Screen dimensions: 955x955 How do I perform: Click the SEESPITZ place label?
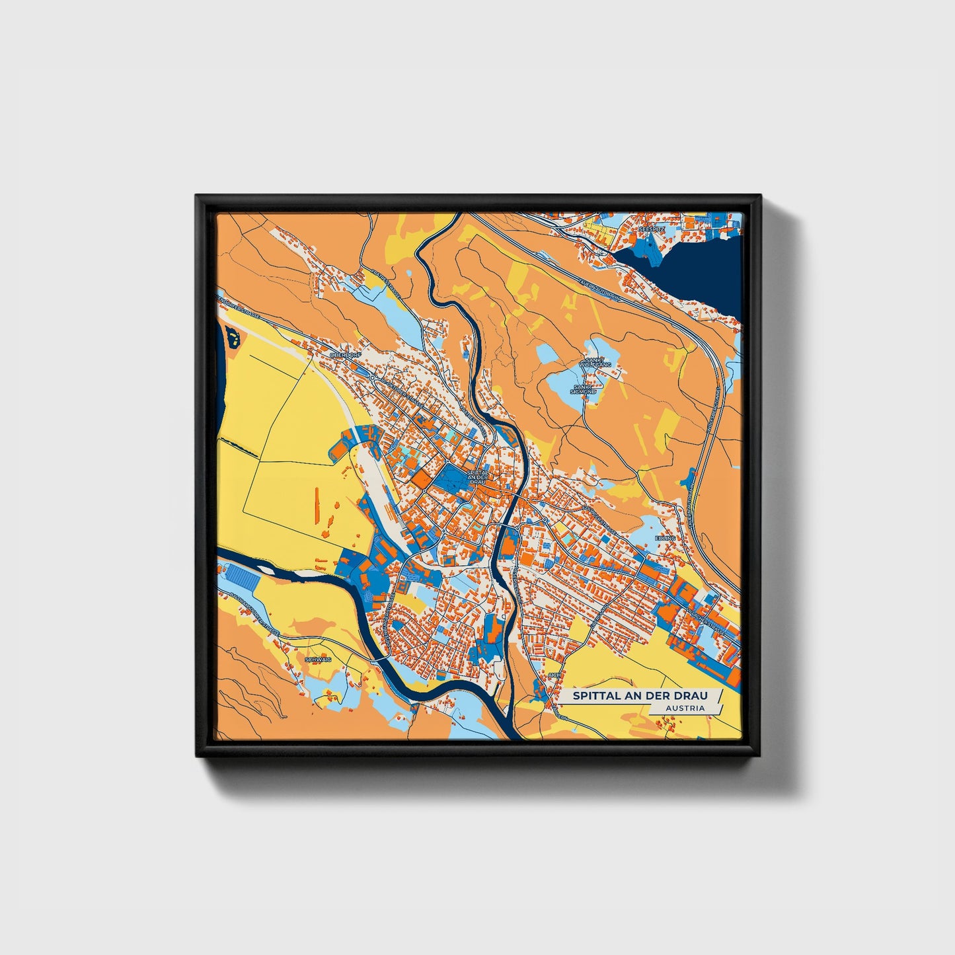click(656, 228)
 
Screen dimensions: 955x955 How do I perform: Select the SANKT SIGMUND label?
click(584, 389)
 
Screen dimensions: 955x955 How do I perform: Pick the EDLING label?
click(665, 538)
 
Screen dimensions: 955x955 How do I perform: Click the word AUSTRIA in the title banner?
click(685, 708)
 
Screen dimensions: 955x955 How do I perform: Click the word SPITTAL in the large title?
click(593, 695)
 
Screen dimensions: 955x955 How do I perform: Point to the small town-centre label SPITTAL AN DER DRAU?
click(477, 477)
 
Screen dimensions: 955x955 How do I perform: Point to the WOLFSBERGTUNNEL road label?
click(714, 410)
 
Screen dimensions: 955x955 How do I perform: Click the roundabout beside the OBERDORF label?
click(373, 377)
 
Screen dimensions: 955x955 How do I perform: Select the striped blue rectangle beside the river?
click(242, 578)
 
